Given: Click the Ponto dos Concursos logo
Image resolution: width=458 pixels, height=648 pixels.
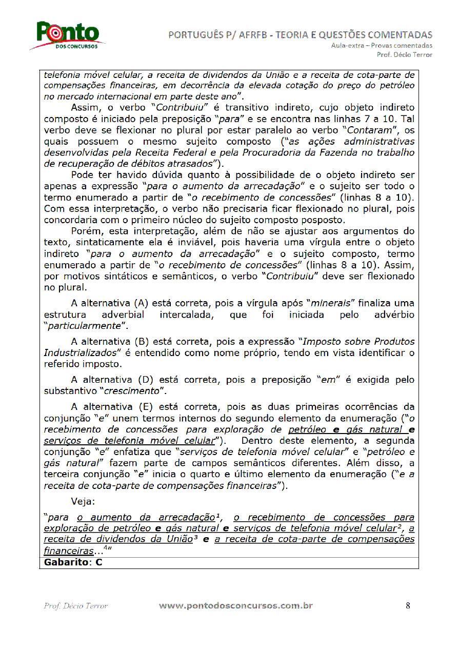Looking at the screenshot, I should coord(67,35).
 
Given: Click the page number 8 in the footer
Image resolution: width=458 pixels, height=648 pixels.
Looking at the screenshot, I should coord(408,605).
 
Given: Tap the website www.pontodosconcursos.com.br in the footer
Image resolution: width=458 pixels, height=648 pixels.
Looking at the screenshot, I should coord(236,605).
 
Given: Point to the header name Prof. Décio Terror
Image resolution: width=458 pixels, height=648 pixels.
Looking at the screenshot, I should coord(404,54).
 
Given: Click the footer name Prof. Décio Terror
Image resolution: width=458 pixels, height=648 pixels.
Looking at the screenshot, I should coord(76,606).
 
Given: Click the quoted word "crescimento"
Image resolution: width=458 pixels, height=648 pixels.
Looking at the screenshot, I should coord(134,391).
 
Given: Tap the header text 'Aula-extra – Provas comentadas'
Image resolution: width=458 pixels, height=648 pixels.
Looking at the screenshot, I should coord(381,46).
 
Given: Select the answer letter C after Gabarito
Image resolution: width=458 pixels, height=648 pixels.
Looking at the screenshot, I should coord(99,562).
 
